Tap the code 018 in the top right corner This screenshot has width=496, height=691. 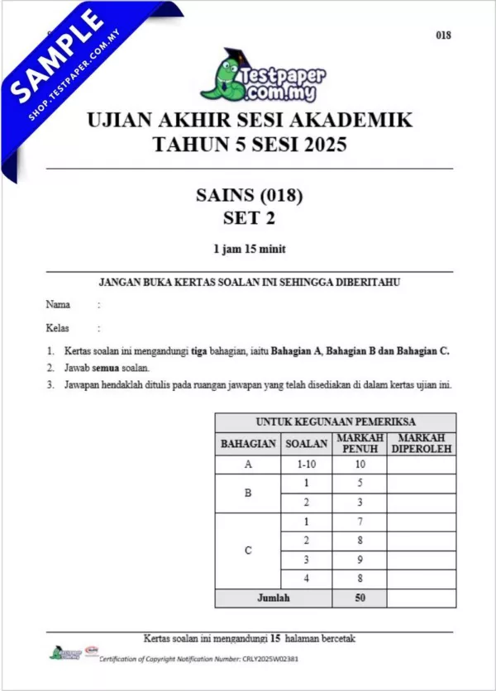click(x=445, y=35)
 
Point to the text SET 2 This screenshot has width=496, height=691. click(x=249, y=218)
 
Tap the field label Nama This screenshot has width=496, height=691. click(x=58, y=304)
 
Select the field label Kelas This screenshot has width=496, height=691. click(x=58, y=327)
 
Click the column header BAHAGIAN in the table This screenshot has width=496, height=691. click(x=248, y=443)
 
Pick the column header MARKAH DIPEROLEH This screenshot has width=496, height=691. click(x=421, y=443)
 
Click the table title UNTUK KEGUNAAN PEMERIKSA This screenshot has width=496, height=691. click(x=336, y=422)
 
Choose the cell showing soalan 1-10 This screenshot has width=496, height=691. click(x=307, y=465)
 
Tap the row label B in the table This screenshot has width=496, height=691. click(x=248, y=493)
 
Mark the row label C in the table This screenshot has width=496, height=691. click(x=248, y=550)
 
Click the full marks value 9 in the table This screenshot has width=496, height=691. click(x=359, y=560)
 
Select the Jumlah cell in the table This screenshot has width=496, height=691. click(x=273, y=598)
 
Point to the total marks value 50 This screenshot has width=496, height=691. click(x=359, y=598)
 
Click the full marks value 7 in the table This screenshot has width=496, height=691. click(x=359, y=522)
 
